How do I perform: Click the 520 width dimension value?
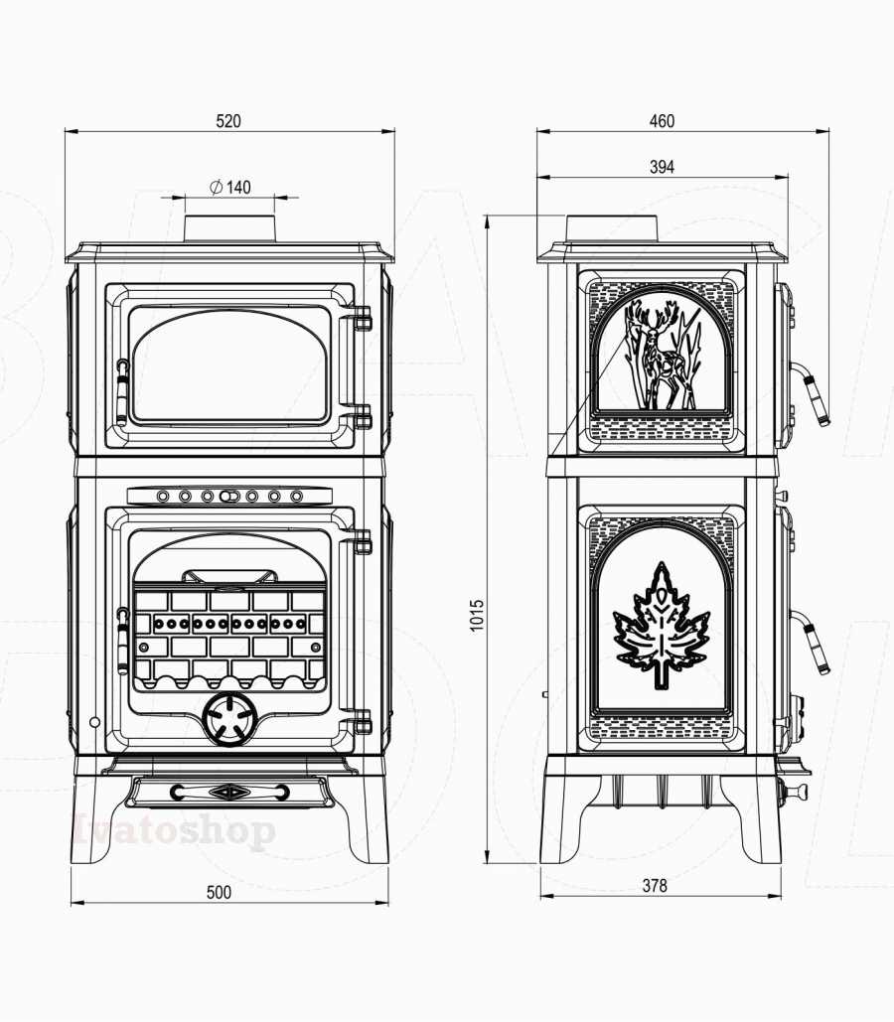tap(228, 121)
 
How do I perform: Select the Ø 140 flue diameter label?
tap(230, 187)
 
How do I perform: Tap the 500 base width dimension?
tap(219, 892)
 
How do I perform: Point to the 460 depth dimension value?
tap(662, 121)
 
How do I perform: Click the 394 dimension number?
tap(662, 167)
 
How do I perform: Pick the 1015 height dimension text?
tap(478, 616)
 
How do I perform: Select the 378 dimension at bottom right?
tap(655, 886)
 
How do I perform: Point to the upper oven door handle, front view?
tap(122, 391)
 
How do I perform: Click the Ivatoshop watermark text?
tap(174, 830)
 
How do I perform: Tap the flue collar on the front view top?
tap(229, 227)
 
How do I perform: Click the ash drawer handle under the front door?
tap(229, 792)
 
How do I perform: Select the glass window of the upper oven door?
tap(229, 365)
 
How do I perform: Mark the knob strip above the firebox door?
tap(229, 496)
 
